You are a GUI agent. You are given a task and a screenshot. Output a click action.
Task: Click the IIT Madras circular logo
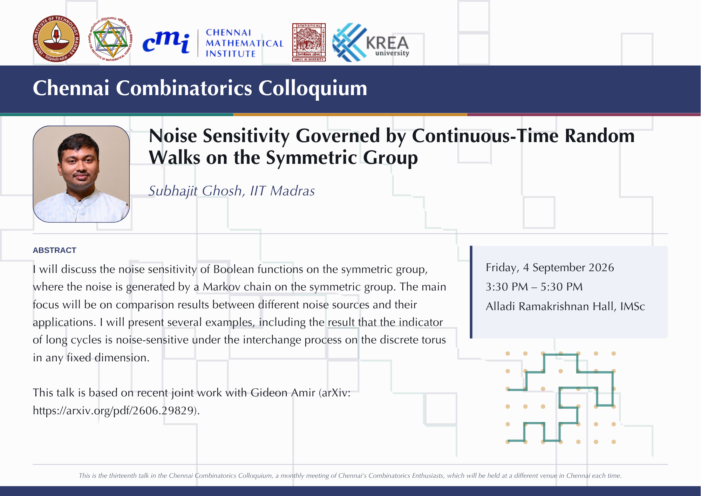(x=56, y=39)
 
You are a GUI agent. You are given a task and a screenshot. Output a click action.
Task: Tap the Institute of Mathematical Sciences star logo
(x=110, y=39)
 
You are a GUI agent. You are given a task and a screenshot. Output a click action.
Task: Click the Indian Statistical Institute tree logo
(x=309, y=42)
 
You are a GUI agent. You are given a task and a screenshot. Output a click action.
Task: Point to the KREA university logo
(x=370, y=42)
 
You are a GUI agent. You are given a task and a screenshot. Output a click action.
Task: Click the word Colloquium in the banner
(x=313, y=88)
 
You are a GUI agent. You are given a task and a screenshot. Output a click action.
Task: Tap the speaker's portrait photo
(x=81, y=174)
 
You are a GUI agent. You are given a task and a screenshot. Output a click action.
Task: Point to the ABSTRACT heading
(x=54, y=250)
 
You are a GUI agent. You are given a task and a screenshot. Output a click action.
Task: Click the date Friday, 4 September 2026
(x=550, y=268)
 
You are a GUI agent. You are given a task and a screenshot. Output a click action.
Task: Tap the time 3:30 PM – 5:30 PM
(x=534, y=287)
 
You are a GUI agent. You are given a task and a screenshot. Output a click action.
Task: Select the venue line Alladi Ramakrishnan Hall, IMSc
(x=565, y=307)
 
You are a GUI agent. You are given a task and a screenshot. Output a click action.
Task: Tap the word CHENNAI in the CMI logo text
(x=229, y=33)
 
